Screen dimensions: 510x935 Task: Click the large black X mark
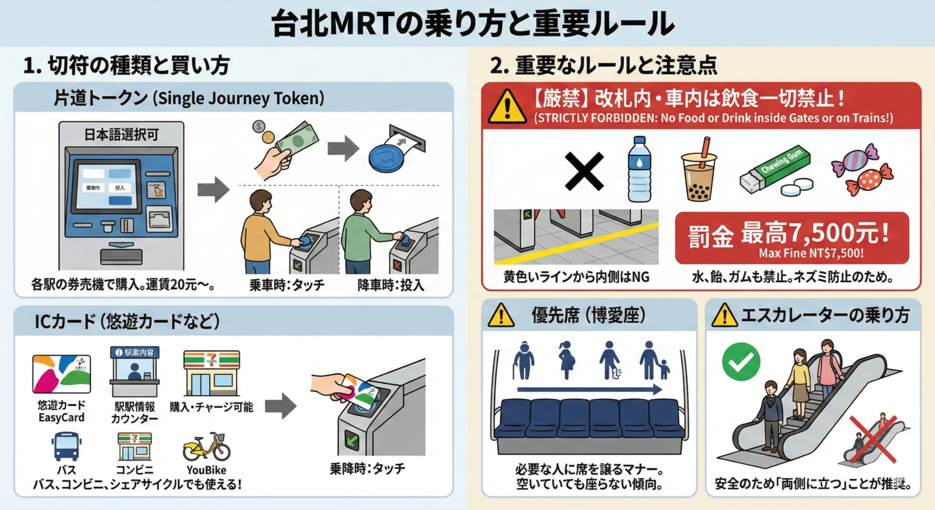585,172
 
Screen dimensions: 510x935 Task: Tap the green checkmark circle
741,361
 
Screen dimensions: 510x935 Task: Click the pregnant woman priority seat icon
565,360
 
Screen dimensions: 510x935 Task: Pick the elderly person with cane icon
523,361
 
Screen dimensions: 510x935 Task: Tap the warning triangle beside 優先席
501,315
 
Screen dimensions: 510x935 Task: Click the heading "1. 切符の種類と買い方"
126,66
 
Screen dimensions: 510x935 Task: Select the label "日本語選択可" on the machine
121,135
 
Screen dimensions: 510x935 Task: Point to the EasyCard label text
62,418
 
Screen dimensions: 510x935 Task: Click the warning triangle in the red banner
507,107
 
